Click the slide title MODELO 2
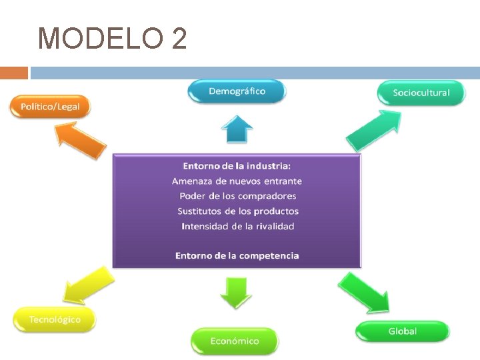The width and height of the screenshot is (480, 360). pos(112,39)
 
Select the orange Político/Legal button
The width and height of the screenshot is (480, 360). pos(50,107)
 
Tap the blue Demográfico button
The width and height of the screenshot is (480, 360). pos(237,91)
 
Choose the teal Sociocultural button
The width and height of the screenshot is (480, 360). pos(421,93)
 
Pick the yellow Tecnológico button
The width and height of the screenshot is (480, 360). pos(55,319)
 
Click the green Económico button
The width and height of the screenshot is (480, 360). pos(235,341)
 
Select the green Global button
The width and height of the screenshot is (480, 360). pos(402,331)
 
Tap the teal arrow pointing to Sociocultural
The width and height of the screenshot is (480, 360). pos(374,131)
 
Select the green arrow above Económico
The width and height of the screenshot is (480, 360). pos(236,292)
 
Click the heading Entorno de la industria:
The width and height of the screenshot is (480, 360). pos(237,165)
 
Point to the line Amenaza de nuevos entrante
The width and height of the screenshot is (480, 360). pos(237,181)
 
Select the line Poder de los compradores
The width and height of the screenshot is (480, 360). pos(237,196)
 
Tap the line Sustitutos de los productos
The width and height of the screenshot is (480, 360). pos(237,211)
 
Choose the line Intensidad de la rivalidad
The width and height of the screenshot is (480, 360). pos(237,227)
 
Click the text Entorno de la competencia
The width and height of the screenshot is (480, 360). pos(237,255)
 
